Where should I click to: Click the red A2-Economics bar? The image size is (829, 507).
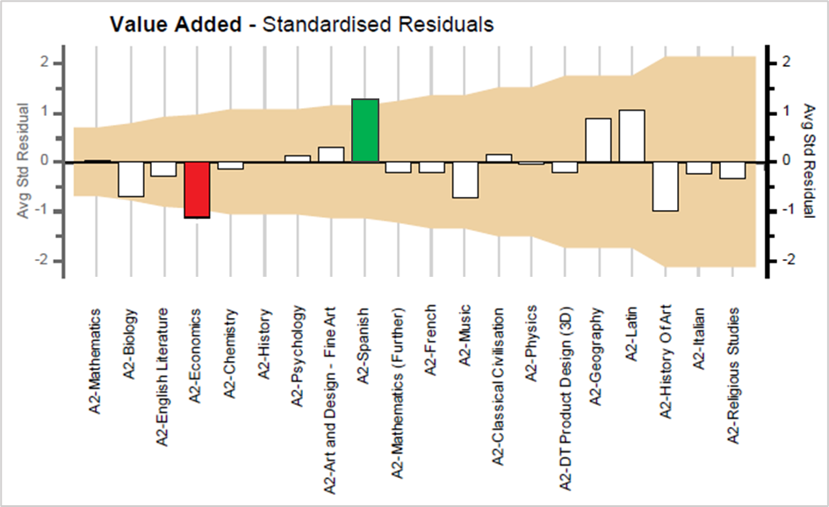coord(197,190)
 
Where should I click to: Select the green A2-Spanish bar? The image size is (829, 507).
coord(364,131)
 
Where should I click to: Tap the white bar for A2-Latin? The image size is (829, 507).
coord(631,136)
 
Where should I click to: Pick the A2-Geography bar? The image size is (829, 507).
coord(598,141)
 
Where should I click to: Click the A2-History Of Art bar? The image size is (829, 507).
coord(665,186)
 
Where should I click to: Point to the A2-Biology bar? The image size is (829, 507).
coord(131,179)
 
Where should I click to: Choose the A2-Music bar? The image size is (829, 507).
coord(465,180)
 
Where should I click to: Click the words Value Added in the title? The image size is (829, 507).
coord(176,25)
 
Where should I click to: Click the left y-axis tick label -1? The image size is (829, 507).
coord(40,212)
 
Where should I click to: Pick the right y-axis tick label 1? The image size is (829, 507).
coord(786,112)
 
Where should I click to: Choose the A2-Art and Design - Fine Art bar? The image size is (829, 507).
coord(331,155)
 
